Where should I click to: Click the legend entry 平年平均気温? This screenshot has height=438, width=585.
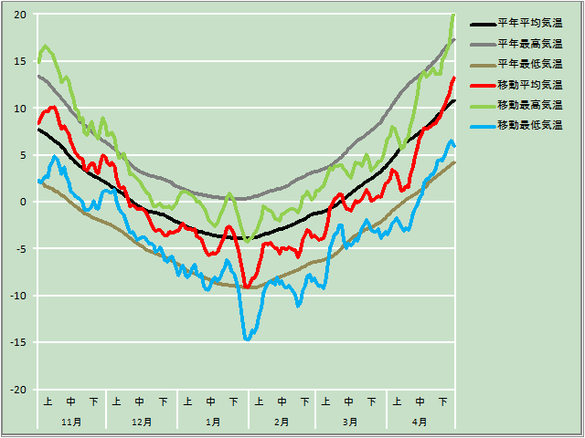529,23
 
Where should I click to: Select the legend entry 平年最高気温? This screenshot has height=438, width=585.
529,43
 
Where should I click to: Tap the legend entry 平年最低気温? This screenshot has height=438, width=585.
529,64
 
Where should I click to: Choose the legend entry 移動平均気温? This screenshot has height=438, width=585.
529,84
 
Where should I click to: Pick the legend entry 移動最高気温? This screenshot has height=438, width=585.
529,104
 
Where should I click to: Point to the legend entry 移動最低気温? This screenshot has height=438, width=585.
529,124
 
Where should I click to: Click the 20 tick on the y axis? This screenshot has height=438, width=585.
19,15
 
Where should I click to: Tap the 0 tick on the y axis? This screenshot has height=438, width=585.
23,202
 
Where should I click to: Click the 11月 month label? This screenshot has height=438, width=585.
71,422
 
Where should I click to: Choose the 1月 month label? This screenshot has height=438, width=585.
212,422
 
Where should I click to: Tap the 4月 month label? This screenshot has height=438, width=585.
420,422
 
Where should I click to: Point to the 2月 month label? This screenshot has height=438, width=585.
282,422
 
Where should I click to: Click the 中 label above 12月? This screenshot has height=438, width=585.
140,401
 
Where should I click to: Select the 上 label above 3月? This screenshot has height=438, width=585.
326,401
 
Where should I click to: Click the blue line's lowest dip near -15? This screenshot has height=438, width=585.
248,339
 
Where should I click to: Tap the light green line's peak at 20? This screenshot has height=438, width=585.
452,16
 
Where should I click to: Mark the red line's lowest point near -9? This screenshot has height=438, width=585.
247,287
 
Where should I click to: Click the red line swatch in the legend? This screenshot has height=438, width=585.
482,84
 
